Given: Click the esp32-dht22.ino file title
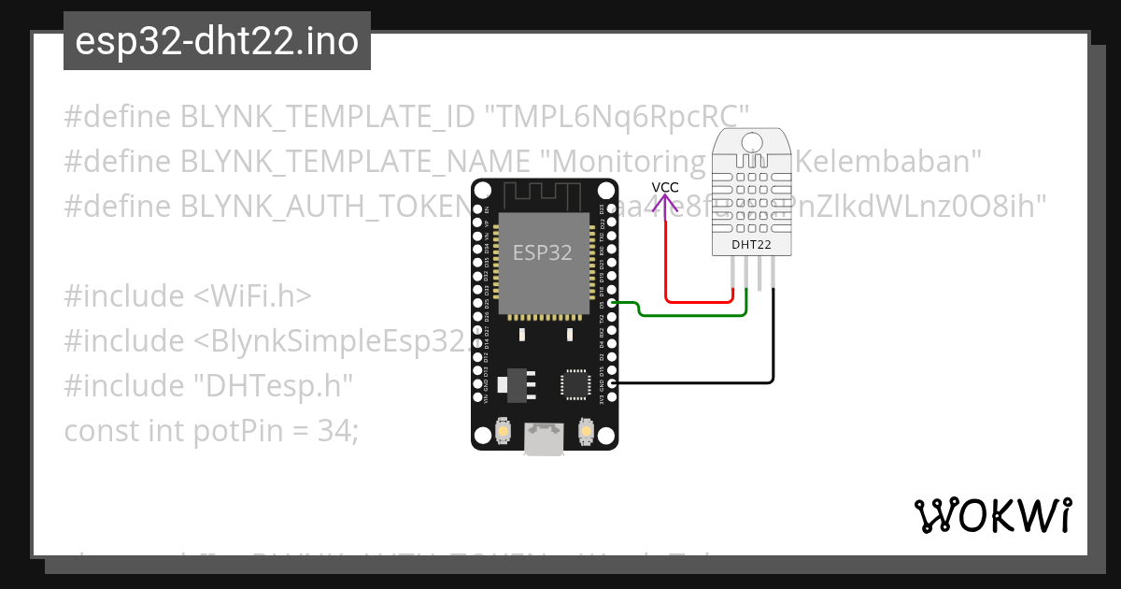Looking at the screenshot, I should point(217,42).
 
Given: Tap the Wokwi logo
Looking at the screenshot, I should point(992,515).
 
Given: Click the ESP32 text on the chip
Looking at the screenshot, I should point(542,251).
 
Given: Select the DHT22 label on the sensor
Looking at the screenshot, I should point(753,244).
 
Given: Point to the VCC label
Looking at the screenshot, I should point(665,187).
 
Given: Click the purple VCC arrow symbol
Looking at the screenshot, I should point(665,199).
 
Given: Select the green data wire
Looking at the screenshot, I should point(691,314).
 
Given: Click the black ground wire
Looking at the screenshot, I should point(773,346).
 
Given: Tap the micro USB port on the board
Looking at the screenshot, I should point(544,439).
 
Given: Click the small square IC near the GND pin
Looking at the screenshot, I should point(575,384).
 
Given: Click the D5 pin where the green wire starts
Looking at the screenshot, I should point(612,303).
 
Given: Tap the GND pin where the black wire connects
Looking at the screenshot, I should point(612,383).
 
